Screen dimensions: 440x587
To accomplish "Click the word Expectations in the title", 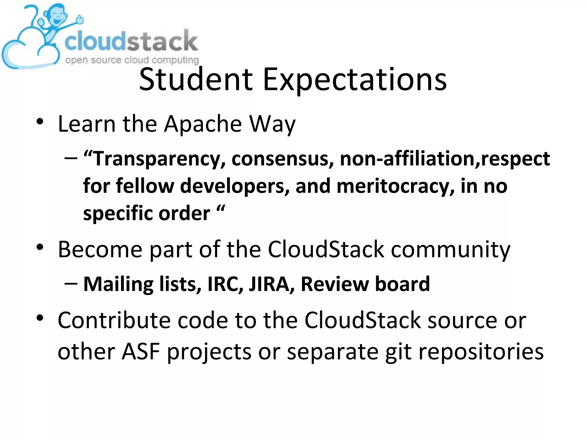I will click(355, 80).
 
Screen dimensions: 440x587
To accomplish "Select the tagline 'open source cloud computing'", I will click(132, 60).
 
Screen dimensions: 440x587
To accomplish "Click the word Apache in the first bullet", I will click(203, 124).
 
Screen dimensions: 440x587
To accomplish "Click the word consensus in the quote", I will click(283, 159).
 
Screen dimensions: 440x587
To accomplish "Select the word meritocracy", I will click(395, 186).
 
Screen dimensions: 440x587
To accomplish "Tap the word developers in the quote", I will click(235, 186).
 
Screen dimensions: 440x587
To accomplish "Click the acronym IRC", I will click(225, 284).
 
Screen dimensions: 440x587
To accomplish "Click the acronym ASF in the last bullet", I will click(141, 352).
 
